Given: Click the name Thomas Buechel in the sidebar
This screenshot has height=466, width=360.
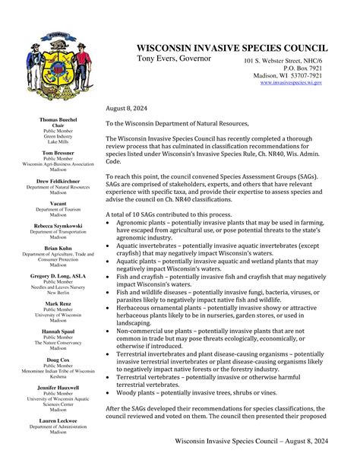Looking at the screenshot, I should pyautogui.click(x=58, y=120).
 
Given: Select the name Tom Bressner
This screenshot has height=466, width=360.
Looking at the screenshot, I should pyautogui.click(x=58, y=153).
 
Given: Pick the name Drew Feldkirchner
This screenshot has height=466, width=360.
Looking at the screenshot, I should pyautogui.click(x=58, y=180).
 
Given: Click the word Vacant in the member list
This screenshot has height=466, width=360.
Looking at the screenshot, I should pyautogui.click(x=58, y=203).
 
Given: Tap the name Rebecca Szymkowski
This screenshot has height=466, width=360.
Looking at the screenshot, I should pyautogui.click(x=58, y=225).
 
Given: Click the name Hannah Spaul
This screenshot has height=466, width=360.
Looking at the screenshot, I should pyautogui.click(x=58, y=331).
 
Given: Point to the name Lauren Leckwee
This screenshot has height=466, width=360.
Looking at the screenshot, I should pyautogui.click(x=58, y=420).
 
